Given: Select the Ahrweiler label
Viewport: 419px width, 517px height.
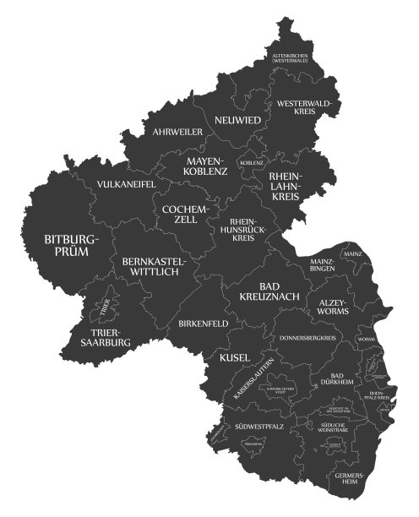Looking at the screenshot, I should (x=177, y=132).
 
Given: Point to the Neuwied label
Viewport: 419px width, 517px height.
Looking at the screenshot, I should (x=237, y=120).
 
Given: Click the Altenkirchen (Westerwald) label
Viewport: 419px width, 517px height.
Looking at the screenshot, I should (x=289, y=58).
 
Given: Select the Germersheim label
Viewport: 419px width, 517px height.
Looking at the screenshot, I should (x=348, y=479).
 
